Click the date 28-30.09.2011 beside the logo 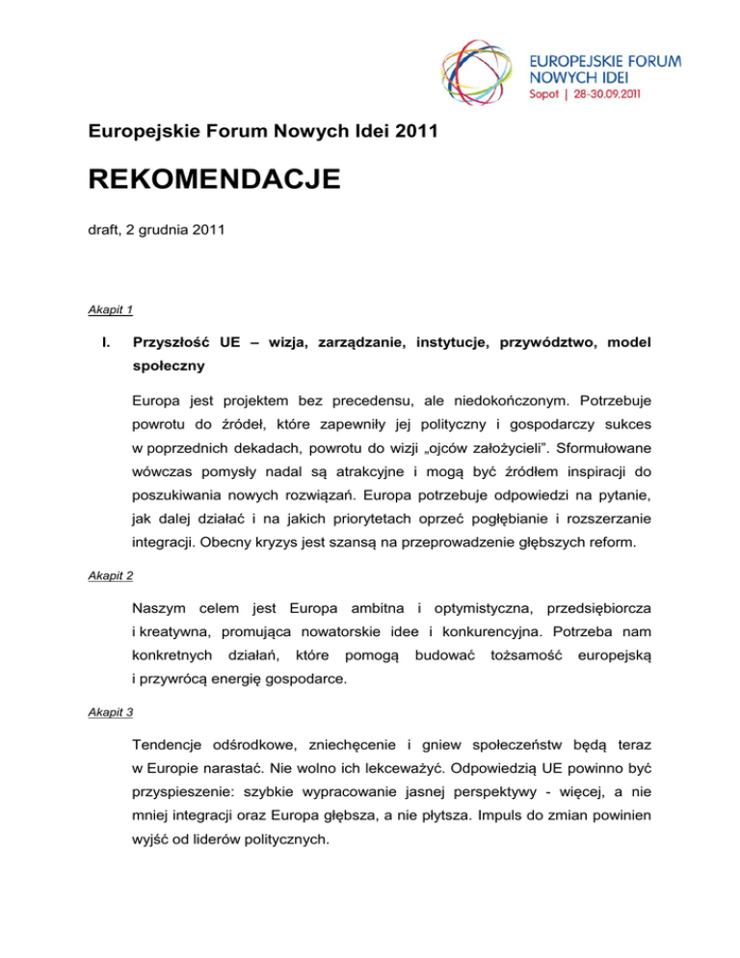click(x=611, y=95)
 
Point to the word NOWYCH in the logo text click(x=565, y=78)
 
